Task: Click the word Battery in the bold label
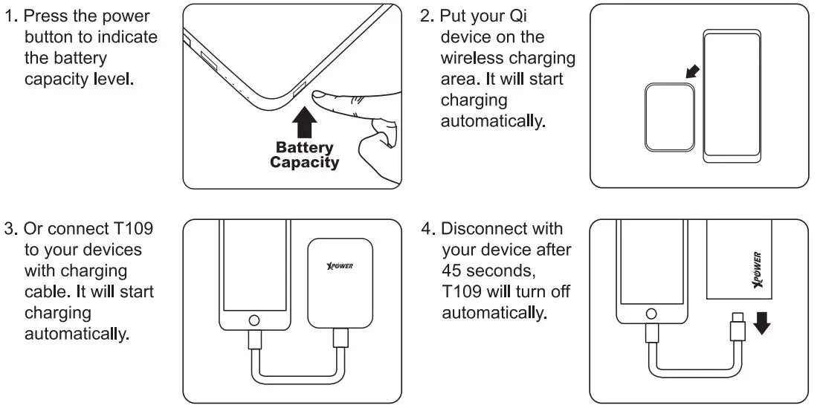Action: pos(305,147)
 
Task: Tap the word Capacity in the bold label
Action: pos(305,162)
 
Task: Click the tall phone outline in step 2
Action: pos(732,96)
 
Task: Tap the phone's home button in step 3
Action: pos(254,320)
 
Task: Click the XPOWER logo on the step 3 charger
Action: pos(340,266)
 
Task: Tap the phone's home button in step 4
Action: pos(652,314)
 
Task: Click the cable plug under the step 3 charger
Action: pos(341,338)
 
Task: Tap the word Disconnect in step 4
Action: pos(482,229)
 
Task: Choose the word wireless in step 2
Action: pos(471,58)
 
